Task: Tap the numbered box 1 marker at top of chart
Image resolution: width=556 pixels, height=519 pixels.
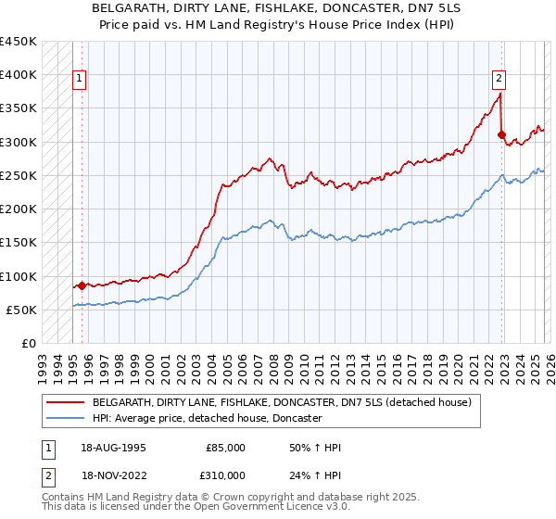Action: click(81, 80)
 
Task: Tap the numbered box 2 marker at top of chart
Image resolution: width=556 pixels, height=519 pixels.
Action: click(499, 80)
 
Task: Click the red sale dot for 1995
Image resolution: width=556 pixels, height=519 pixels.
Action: click(82, 286)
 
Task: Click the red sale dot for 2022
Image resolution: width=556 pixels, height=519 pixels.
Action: click(501, 135)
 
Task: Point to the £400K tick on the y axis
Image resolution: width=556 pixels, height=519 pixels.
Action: click(19, 75)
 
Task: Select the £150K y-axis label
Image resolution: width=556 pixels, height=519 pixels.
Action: click(19, 243)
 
